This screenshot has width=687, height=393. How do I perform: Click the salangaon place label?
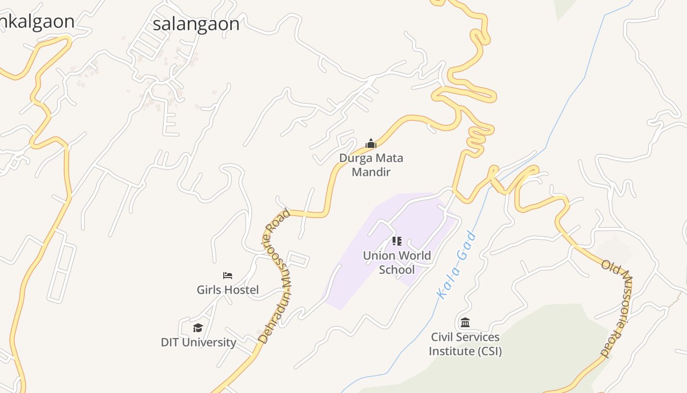[196, 24]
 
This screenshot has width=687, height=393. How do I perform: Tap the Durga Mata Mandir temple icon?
[371, 143]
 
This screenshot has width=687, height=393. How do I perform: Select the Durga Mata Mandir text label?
[371, 165]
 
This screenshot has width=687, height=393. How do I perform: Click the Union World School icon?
[397, 241]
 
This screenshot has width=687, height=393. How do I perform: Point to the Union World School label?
[397, 262]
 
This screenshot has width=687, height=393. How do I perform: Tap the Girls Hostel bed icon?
[228, 276]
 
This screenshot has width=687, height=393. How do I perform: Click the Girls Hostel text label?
[228, 290]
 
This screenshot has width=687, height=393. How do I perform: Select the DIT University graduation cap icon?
[198, 328]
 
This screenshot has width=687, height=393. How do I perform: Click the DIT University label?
[198, 342]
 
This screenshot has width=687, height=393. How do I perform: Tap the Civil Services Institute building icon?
[465, 323]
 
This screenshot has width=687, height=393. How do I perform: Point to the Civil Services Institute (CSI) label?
[465, 344]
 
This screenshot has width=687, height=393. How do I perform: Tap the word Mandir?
[371, 172]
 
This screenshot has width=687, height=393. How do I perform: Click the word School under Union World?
[397, 270]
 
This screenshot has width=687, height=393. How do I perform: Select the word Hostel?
[241, 290]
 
